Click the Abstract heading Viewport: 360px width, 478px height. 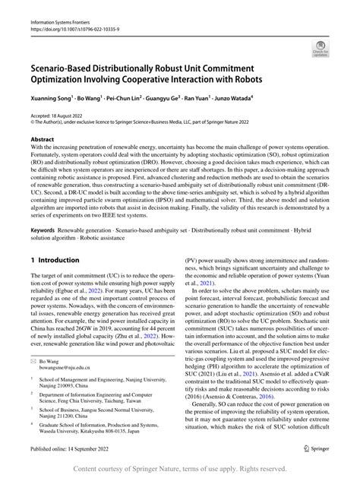tap(43, 140)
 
